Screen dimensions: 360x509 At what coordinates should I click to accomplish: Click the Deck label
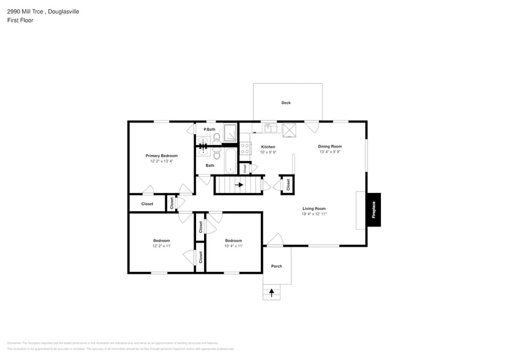point(285,103)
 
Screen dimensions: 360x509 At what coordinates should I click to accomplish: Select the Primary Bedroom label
point(161,156)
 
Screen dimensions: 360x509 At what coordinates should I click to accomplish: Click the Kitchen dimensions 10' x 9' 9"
point(268,152)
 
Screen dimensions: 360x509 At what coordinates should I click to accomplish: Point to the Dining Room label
point(330,146)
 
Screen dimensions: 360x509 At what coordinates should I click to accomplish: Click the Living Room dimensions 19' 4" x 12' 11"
point(314,214)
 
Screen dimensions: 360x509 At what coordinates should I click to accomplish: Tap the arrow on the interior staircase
point(239,184)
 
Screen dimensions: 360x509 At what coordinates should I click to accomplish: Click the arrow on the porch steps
point(271,293)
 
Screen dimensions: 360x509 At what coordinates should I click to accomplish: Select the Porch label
point(276,266)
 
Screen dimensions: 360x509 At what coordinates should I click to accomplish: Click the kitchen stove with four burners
point(245,148)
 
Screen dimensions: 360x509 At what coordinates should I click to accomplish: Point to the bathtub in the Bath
point(230,160)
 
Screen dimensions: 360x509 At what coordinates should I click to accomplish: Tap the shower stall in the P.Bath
point(230,133)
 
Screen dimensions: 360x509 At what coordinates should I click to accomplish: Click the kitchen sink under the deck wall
point(271,128)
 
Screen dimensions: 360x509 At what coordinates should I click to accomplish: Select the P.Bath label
point(209,129)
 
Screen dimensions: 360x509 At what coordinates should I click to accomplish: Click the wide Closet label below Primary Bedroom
point(147,204)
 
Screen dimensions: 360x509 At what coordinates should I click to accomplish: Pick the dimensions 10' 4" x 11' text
point(233,246)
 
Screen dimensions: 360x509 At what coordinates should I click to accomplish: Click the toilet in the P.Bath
point(217,137)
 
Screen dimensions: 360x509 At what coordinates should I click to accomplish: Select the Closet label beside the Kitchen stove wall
point(244,167)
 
